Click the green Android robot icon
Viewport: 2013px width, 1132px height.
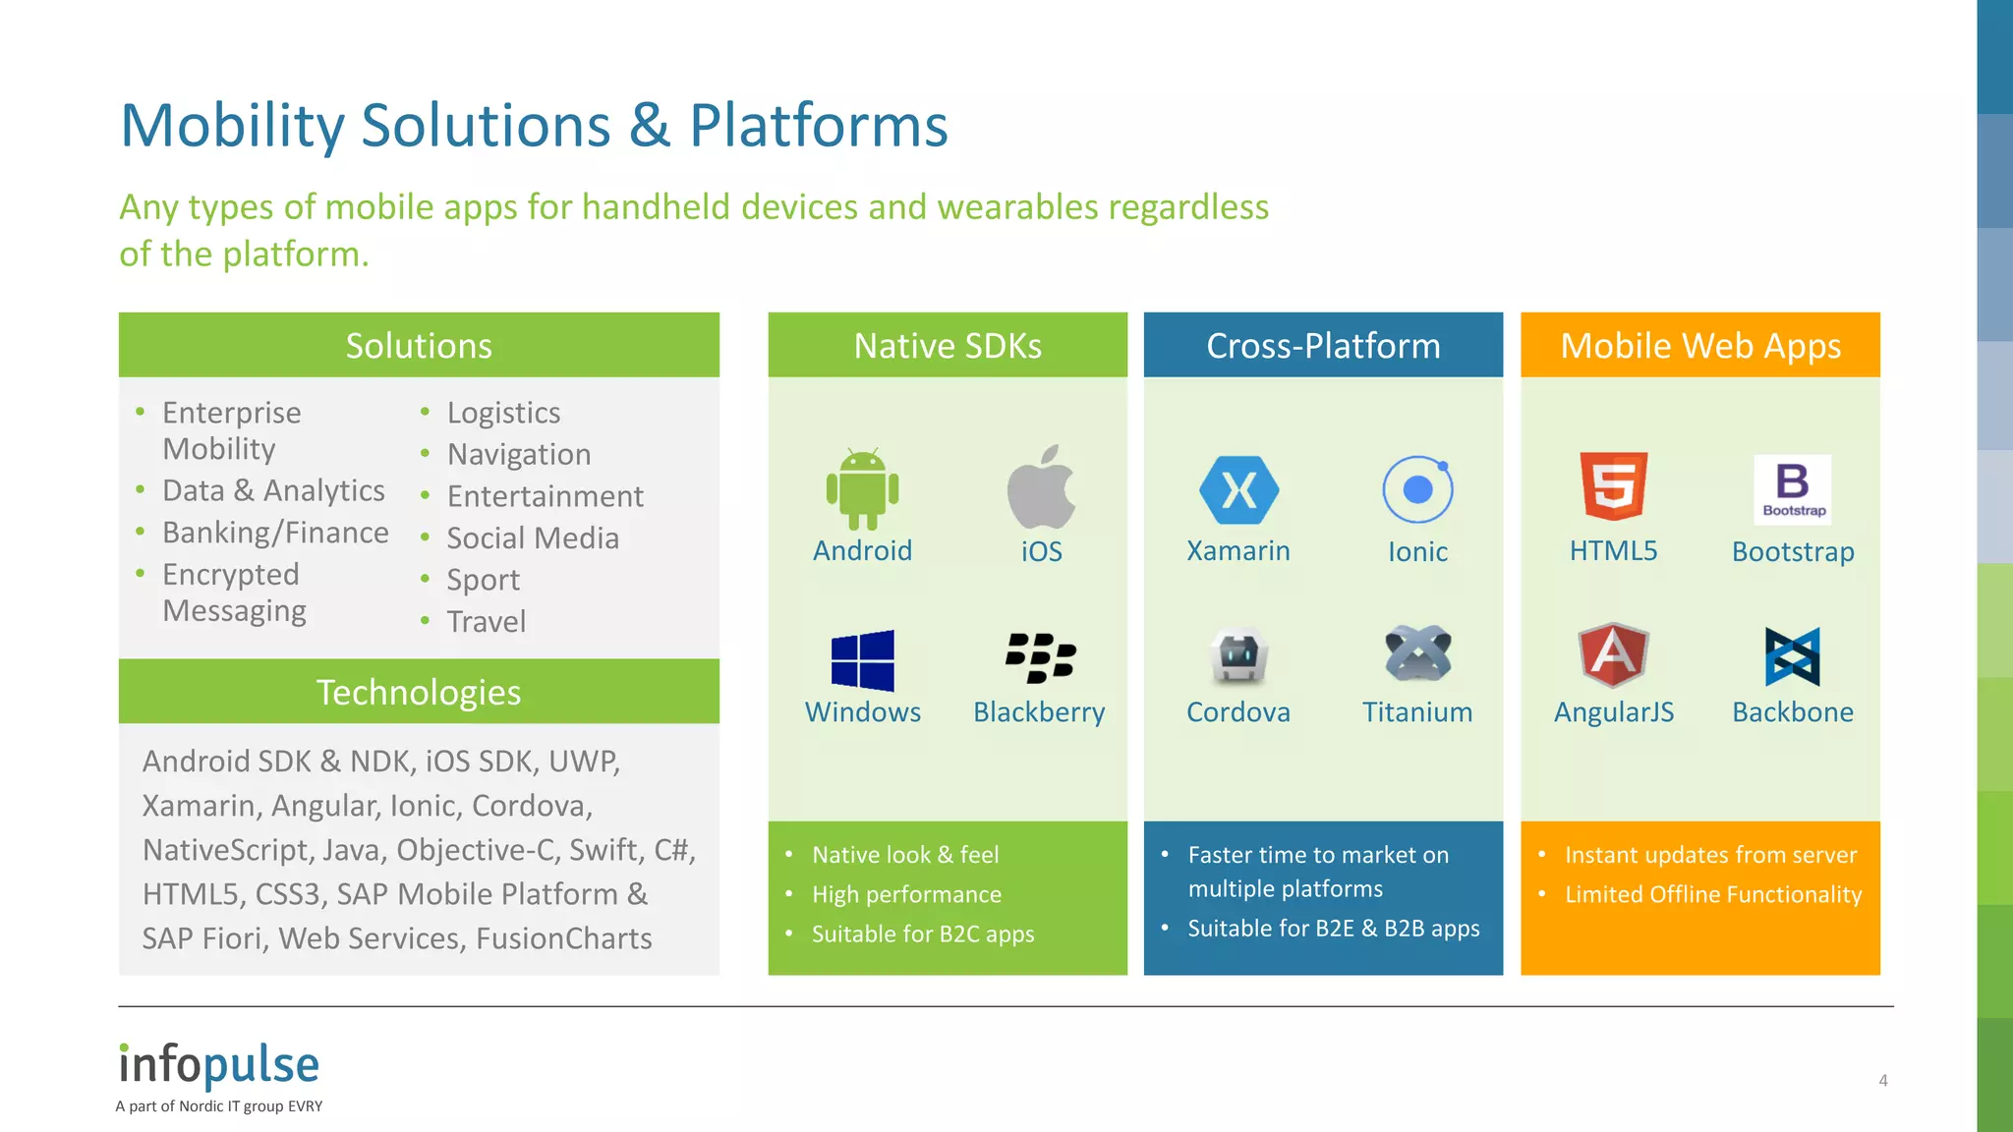click(862, 489)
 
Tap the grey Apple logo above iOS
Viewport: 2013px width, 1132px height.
click(1041, 487)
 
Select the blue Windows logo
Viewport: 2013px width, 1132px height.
click(862, 660)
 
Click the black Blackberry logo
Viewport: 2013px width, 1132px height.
click(1040, 657)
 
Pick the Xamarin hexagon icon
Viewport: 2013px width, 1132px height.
click(1238, 489)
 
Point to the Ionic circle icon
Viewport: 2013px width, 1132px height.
click(1417, 489)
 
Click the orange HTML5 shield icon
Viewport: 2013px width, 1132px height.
click(1613, 485)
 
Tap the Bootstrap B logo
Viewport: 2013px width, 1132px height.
click(1792, 488)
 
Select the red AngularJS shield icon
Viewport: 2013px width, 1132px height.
click(1613, 653)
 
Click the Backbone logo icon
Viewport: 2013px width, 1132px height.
click(1792, 656)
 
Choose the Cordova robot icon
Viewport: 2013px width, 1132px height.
click(1237, 655)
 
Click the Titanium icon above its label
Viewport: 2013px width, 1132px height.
click(1417, 653)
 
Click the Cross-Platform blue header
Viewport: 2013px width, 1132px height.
click(1323, 346)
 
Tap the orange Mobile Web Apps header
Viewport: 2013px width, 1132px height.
click(1699, 346)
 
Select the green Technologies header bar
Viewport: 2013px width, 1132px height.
click(419, 692)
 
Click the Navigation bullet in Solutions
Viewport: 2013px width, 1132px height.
click(518, 454)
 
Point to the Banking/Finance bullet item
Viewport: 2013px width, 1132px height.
click(275, 533)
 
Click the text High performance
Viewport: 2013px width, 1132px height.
click(906, 894)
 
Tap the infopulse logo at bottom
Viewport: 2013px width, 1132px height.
click(219, 1066)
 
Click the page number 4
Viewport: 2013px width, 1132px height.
click(1882, 1080)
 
